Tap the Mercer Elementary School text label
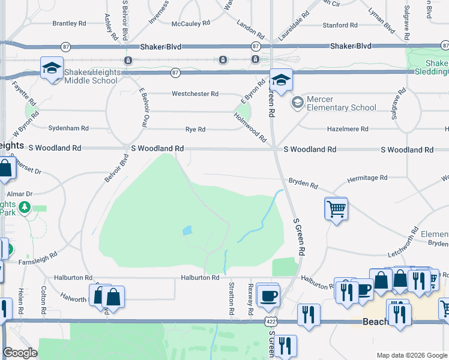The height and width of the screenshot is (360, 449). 342,103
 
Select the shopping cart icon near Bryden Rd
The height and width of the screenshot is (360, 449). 336,209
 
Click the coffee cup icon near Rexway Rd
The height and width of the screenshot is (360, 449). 268,295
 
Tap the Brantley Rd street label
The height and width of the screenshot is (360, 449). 70,23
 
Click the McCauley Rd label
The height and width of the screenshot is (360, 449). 191,23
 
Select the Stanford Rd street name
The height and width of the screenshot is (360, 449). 340,25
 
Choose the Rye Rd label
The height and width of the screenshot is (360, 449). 196,130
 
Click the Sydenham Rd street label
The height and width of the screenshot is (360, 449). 68,128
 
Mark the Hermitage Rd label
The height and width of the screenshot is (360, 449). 368,178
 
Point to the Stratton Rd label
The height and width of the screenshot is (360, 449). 231,299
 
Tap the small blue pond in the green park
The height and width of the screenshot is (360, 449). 187,230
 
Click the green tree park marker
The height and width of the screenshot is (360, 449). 25,208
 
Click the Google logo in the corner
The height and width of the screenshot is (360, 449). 20,353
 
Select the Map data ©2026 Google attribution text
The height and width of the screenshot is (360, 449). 411,355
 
